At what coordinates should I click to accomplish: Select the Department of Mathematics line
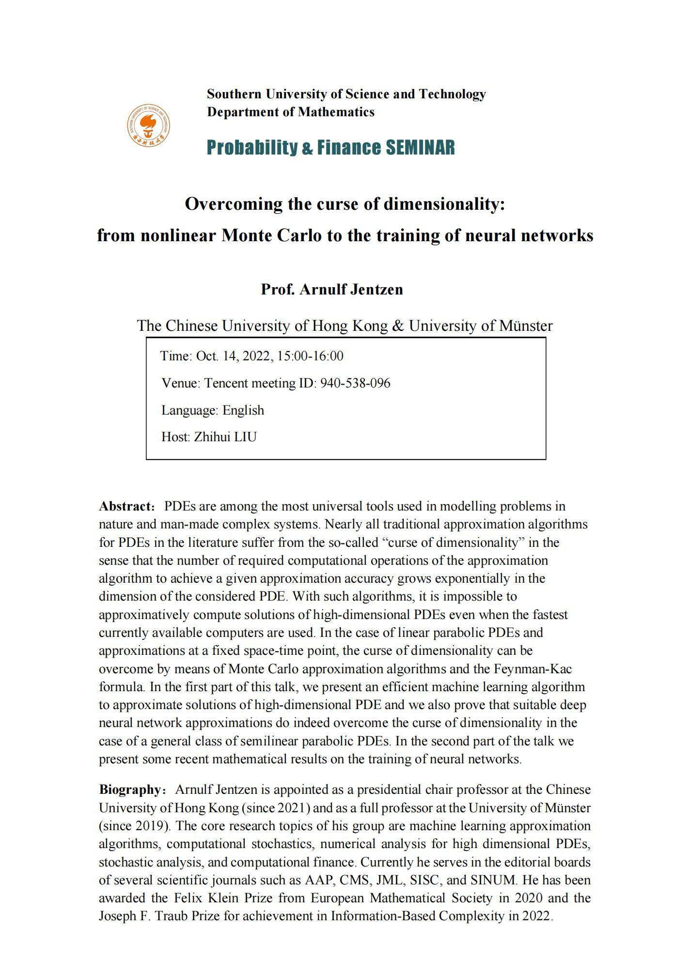point(290,112)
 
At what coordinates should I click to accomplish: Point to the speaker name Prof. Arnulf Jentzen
point(332,289)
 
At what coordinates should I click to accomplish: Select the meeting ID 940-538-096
point(355,383)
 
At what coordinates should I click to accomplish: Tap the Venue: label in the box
point(181,383)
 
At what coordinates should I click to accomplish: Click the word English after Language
point(243,410)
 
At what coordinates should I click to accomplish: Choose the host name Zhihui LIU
point(225,437)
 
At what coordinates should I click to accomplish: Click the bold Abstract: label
point(127,506)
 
